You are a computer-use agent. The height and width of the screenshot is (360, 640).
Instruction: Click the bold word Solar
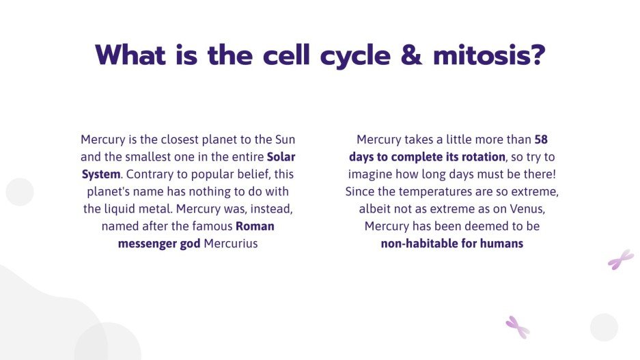tap(281, 157)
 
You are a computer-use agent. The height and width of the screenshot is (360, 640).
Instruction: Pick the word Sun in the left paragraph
tap(285, 140)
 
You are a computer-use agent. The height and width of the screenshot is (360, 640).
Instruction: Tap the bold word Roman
tap(255, 225)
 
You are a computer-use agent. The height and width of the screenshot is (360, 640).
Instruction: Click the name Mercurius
tap(231, 243)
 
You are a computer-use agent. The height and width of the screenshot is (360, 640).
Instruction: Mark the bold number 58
tap(541, 140)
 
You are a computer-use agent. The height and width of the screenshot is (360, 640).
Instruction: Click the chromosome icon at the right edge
tap(621, 259)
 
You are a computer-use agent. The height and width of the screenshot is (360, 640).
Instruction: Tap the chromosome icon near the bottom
tap(517, 327)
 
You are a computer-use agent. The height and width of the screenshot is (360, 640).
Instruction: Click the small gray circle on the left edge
tap(19, 192)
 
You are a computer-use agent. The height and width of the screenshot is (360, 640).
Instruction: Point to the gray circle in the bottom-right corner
tap(604, 327)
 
